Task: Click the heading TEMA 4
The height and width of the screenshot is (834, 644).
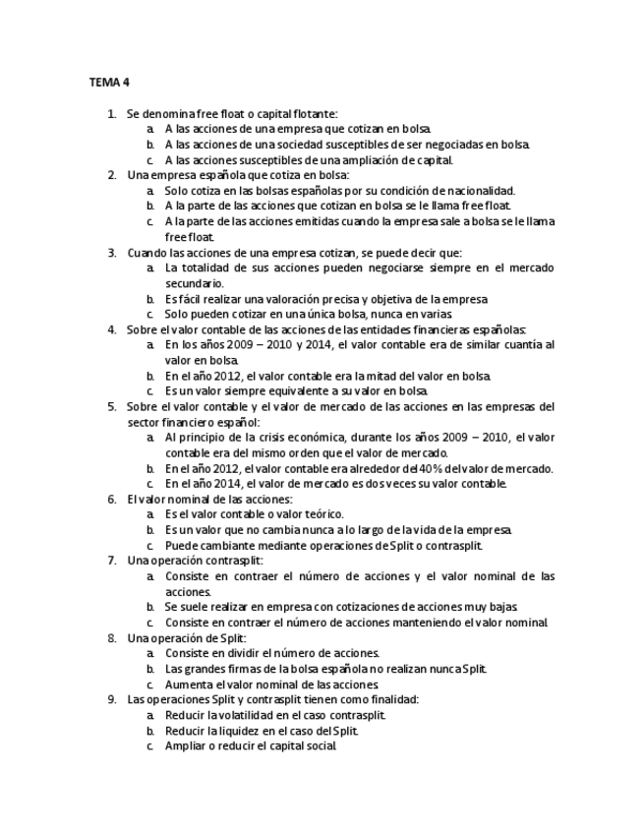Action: point(109,83)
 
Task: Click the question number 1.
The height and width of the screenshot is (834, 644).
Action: point(111,114)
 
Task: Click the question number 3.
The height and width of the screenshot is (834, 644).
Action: point(111,252)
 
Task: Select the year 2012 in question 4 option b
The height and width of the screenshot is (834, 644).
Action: point(222,375)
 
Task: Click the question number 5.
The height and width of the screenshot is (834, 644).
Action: point(111,405)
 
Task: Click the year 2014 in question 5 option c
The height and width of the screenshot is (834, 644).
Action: point(222,483)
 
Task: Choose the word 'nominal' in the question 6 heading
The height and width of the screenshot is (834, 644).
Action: point(179,499)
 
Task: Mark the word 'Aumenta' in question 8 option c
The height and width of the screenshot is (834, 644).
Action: point(188,684)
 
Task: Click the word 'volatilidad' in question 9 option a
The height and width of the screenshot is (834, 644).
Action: point(246,715)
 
